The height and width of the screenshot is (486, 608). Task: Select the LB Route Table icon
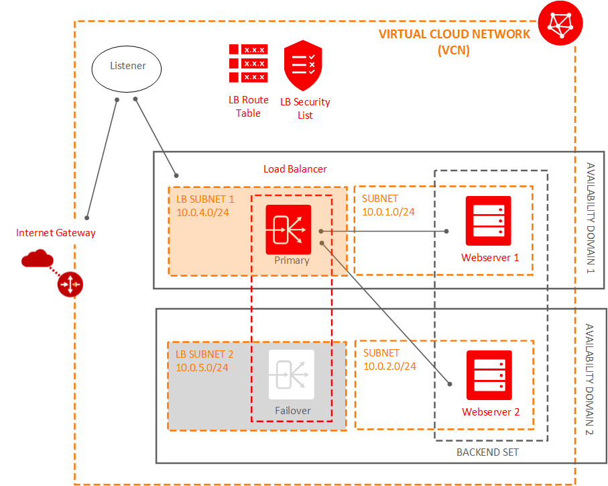click(x=248, y=63)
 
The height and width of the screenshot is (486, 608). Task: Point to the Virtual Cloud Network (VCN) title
click(x=454, y=42)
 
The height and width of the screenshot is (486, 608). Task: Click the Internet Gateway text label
click(x=56, y=233)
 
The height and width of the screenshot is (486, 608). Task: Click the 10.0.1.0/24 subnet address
click(x=388, y=211)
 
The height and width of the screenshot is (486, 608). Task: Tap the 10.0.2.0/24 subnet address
click(x=389, y=366)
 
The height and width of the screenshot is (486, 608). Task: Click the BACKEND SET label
click(x=487, y=452)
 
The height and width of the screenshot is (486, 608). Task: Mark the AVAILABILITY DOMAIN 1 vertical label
click(x=590, y=218)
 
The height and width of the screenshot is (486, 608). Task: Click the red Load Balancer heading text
click(x=295, y=169)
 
